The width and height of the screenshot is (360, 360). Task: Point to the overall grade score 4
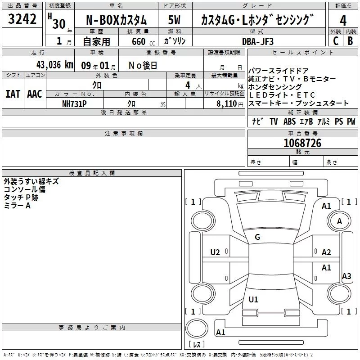343,20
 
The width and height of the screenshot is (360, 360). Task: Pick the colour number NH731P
74,103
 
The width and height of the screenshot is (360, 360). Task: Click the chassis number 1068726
302,144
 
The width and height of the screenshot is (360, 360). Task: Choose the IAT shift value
13,94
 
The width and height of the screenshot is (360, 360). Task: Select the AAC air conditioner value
35,94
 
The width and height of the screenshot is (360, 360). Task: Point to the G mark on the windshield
257,237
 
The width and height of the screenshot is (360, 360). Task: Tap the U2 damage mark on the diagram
215,252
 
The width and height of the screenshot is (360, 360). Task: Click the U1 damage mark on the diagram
253,299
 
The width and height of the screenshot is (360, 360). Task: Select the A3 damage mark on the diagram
346,276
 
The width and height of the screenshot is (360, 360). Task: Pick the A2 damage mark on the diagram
327,252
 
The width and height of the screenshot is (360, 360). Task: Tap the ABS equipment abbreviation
290,121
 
